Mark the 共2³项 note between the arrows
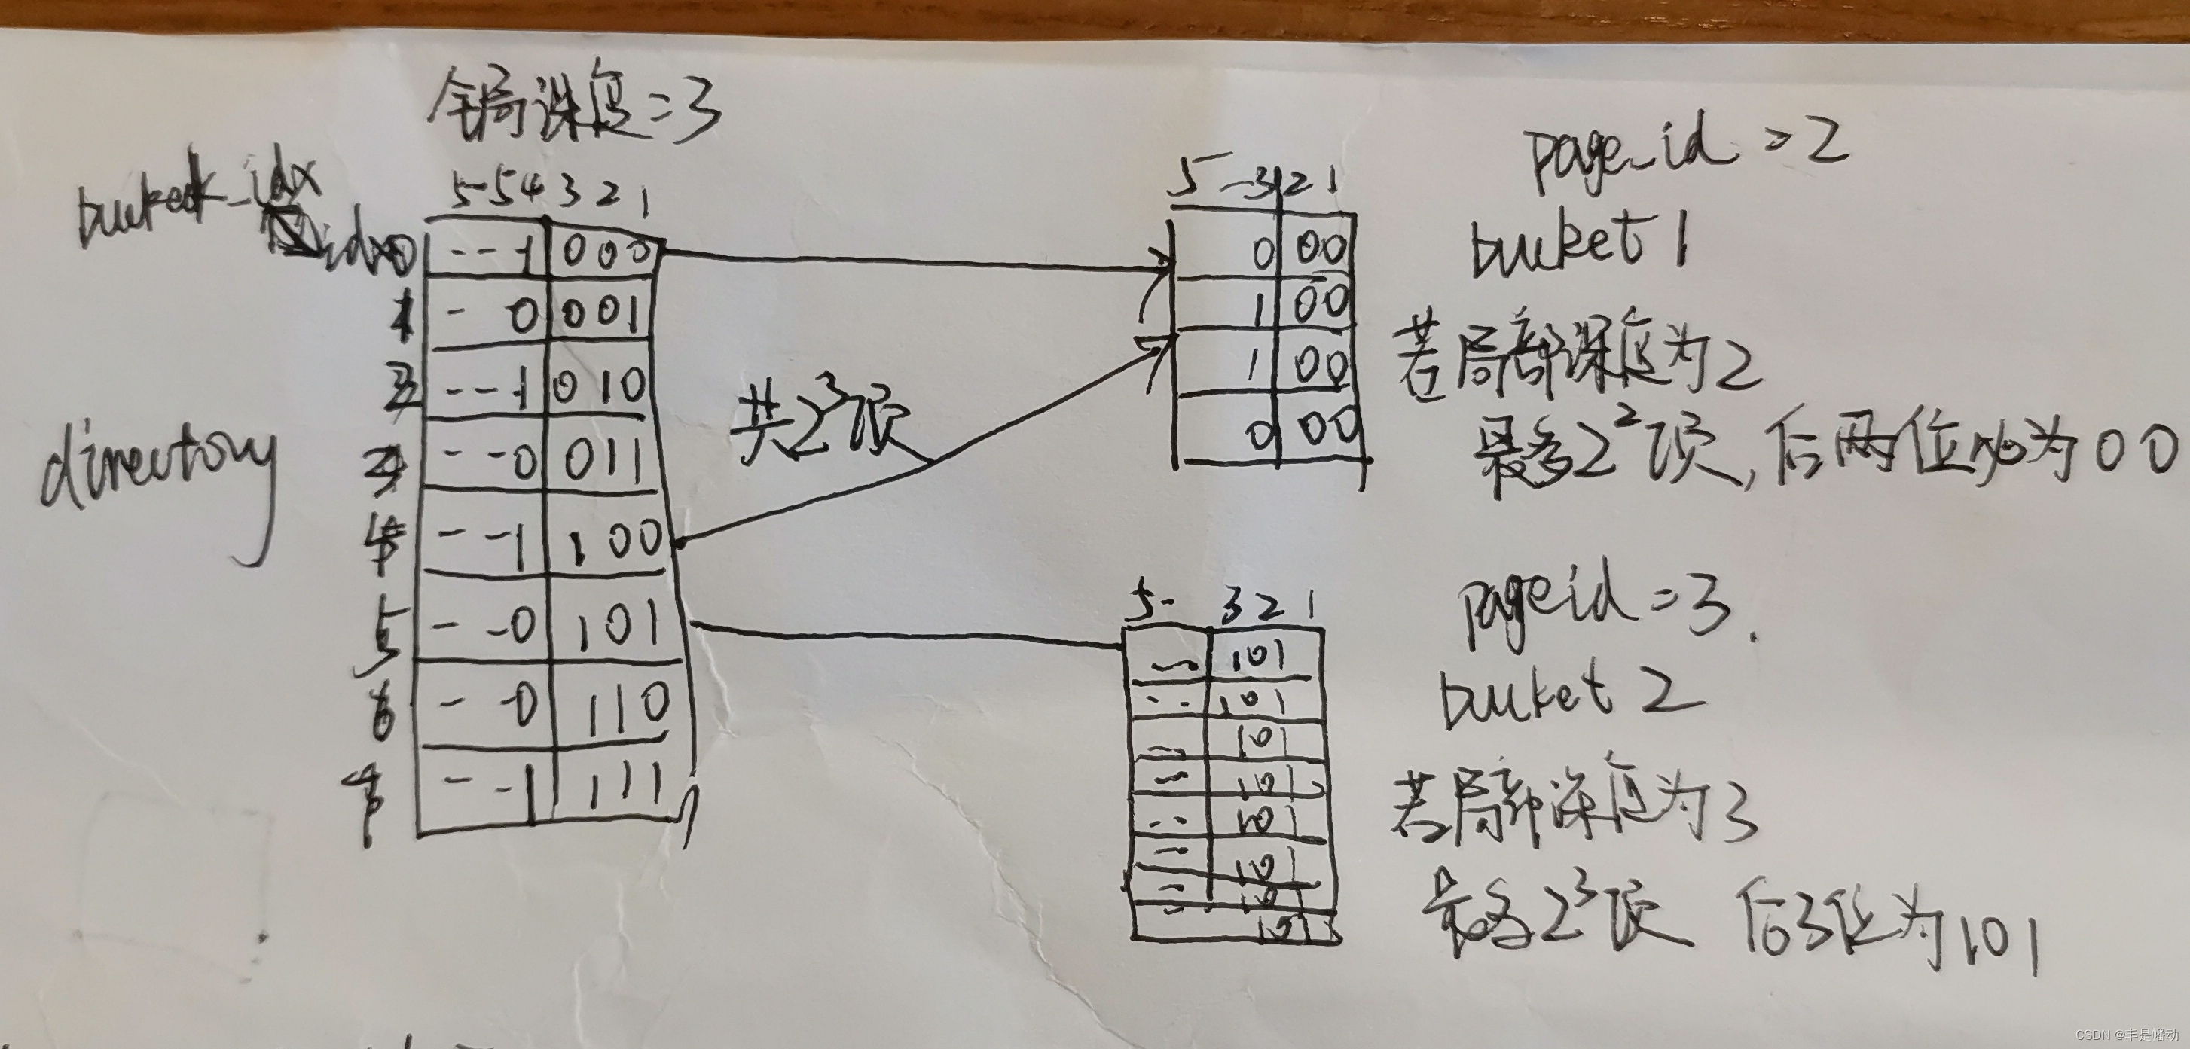pos(820,425)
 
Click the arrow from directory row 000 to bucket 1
pos(918,261)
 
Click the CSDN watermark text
pos(2125,1035)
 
